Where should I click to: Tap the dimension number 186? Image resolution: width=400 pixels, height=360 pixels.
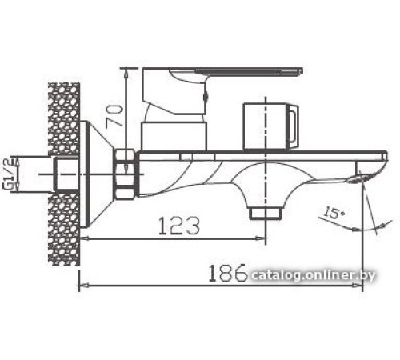pos(228,274)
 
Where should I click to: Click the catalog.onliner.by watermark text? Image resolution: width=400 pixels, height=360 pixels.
pos(324,276)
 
